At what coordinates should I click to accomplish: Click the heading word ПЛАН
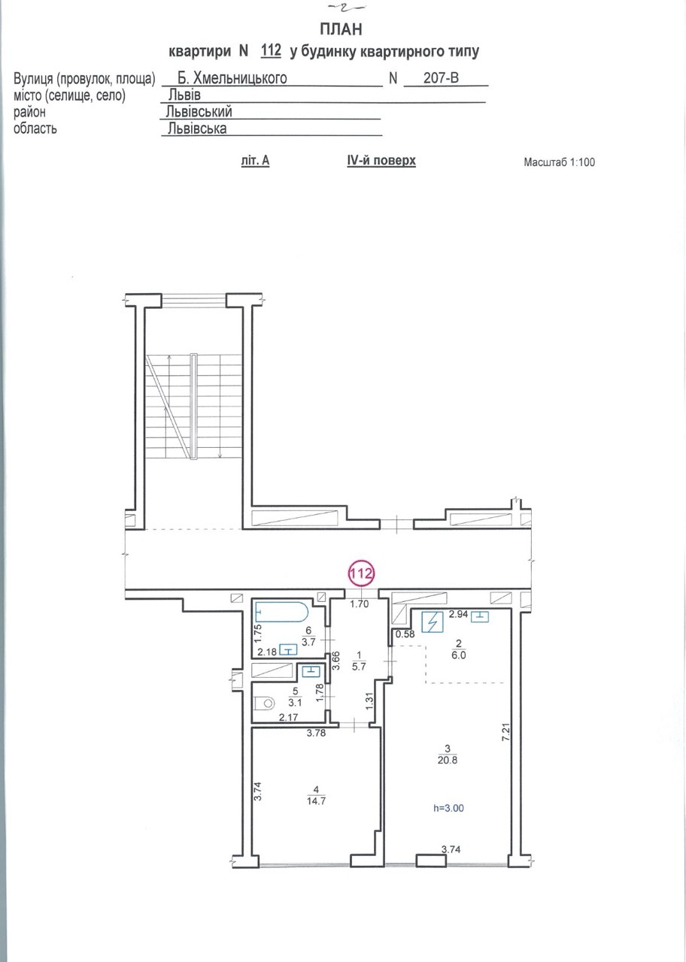coord(341,29)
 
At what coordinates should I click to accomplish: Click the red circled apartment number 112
coord(362,573)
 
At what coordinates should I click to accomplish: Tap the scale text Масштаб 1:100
coord(559,162)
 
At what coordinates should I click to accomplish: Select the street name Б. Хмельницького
coord(232,77)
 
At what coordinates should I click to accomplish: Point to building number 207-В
coord(441,77)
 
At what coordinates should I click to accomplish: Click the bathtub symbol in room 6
coord(281,612)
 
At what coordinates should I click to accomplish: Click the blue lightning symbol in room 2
coord(432,622)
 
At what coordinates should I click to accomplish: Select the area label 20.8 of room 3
coord(448,760)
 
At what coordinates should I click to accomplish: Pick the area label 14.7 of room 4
coord(316,801)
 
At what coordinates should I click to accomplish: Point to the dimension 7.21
coord(505,732)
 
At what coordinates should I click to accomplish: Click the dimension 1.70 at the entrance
coord(360,604)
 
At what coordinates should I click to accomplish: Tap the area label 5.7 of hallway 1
coord(359,667)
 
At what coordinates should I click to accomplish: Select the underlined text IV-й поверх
coord(381,161)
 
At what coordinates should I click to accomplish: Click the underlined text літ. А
coord(255,161)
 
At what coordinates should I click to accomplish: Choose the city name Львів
coord(184,95)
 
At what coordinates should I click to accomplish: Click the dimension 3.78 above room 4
coord(316,733)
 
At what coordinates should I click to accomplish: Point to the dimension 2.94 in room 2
coord(458,614)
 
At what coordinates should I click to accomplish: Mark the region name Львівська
coord(197,129)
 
